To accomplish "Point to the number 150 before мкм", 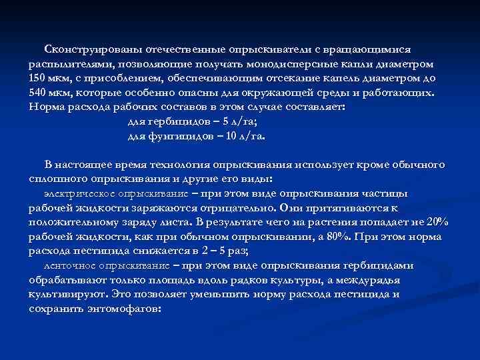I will tap(37, 79).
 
